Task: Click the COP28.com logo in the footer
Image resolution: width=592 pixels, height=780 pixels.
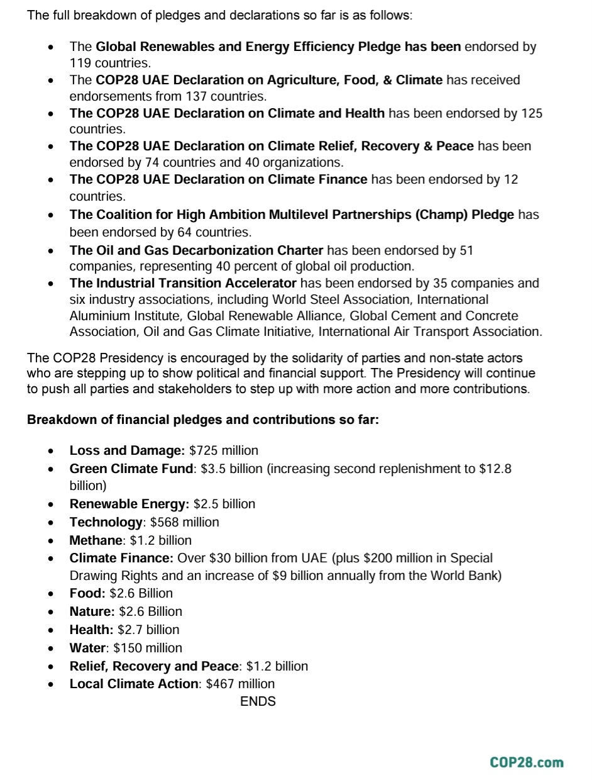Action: (527, 762)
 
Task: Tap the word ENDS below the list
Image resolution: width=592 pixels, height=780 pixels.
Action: (258, 701)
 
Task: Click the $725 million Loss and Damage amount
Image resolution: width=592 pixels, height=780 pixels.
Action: (224, 450)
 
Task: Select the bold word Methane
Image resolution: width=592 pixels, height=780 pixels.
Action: (96, 540)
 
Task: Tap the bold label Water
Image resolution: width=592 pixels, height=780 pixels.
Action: (87, 648)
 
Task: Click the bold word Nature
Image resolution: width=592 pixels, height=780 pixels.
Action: (92, 611)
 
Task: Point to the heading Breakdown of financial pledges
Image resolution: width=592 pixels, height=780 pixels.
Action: (203, 419)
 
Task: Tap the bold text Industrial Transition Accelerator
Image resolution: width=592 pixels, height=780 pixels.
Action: (183, 283)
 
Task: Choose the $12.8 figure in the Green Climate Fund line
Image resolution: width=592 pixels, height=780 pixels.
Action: (495, 469)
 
